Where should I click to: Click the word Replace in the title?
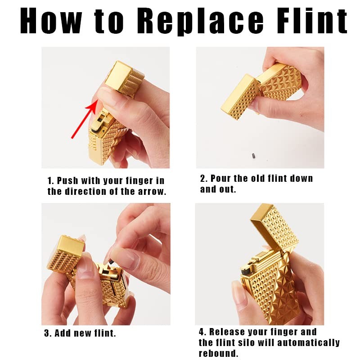tap(200, 21)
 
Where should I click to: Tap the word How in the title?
tap(51, 21)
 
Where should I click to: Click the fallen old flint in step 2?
tap(254, 156)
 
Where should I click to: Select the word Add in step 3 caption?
tap(63, 333)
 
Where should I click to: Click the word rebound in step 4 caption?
tap(217, 353)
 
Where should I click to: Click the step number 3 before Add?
tap(47, 333)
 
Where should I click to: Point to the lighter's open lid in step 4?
tap(274, 229)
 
